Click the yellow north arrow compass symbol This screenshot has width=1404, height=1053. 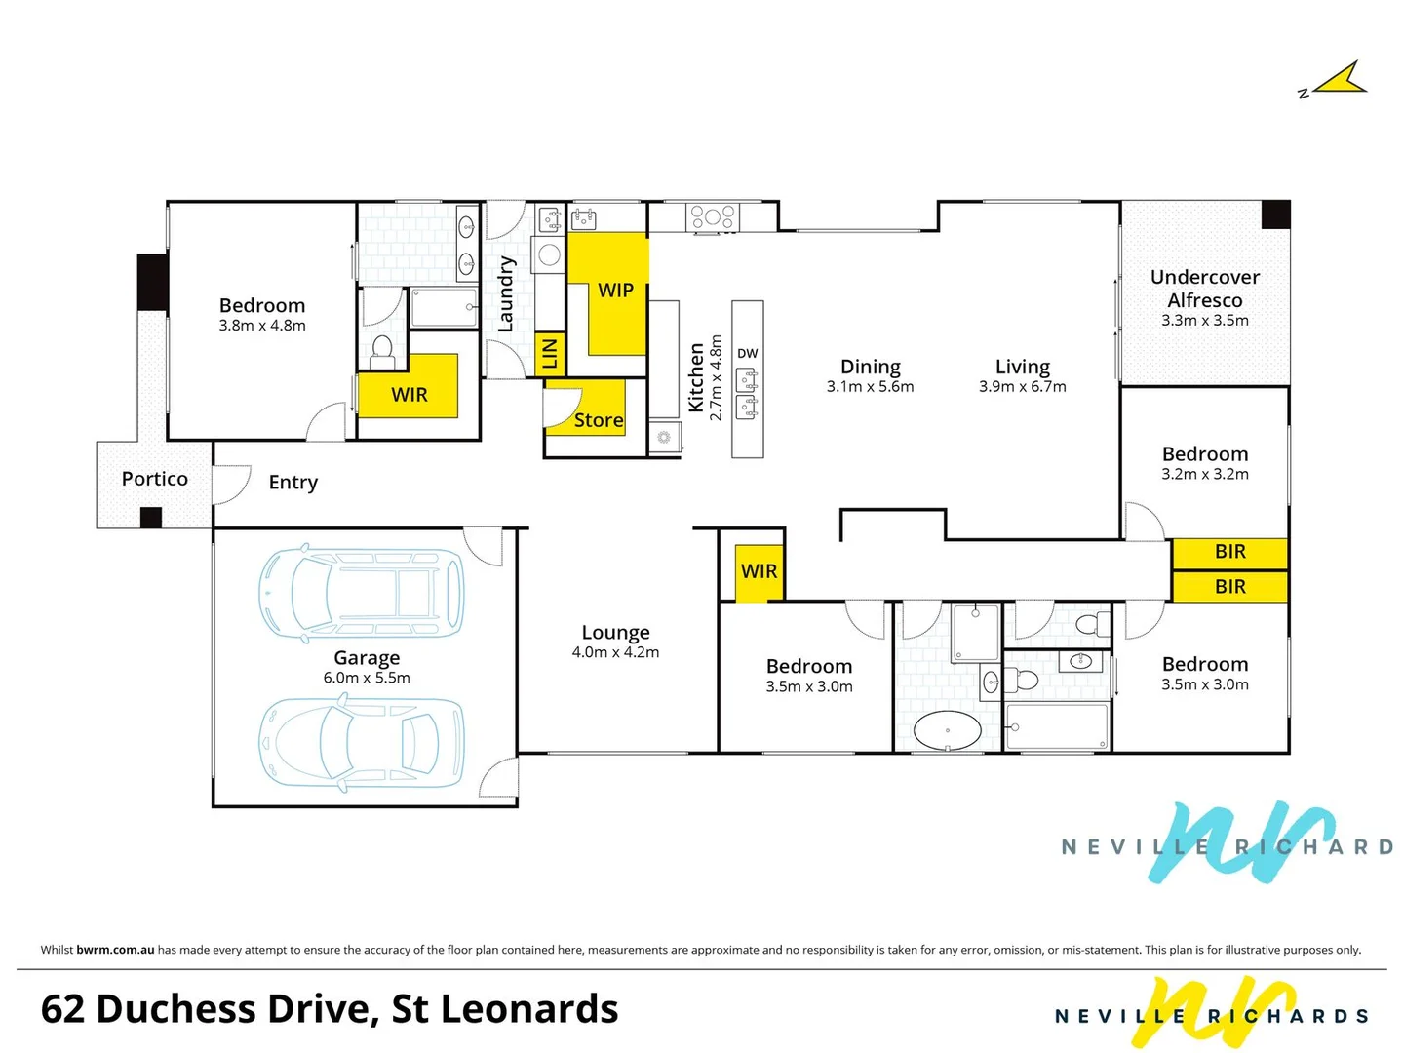[x=1340, y=80]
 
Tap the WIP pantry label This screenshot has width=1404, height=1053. [x=615, y=291]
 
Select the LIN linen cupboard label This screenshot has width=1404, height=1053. [x=550, y=354]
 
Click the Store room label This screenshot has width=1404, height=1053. [x=598, y=420]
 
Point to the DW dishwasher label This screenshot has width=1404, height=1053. [x=747, y=353]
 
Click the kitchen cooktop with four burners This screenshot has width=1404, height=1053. [x=713, y=217]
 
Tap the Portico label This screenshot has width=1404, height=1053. [x=154, y=479]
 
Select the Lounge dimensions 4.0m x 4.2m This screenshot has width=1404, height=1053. [x=615, y=652]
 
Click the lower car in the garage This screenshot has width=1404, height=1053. [x=362, y=743]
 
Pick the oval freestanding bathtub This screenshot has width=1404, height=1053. [x=947, y=730]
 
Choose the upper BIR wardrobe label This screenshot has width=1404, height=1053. [x=1229, y=552]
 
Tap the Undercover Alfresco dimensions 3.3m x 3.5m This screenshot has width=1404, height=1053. [x=1204, y=320]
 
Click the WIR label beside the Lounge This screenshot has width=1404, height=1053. [x=759, y=571]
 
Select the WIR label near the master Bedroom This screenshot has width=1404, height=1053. [x=409, y=395]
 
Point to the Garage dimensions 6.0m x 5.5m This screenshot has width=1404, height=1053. [x=367, y=678]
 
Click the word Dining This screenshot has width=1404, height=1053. [x=870, y=367]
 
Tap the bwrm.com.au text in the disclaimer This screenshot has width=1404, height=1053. [x=115, y=950]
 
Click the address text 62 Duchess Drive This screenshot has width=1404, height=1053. [x=206, y=1009]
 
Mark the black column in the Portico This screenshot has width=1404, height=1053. [x=151, y=518]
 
